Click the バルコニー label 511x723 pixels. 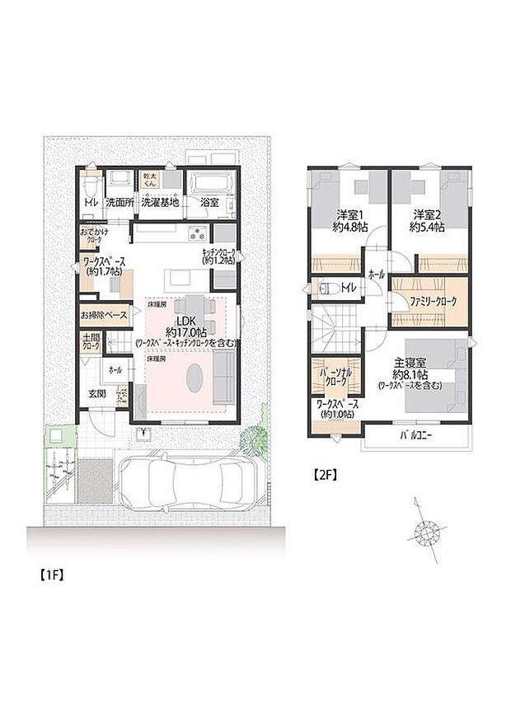pos(416,434)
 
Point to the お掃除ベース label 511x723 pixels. pos(104,315)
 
